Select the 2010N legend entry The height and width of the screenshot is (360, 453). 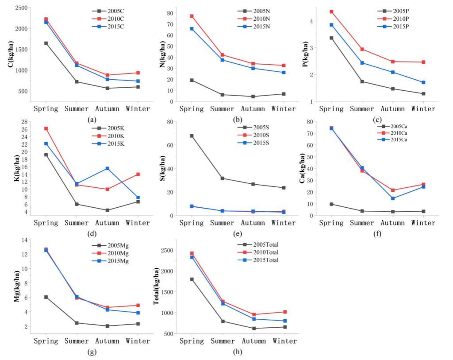tap(256, 18)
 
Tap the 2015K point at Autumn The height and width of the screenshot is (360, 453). tap(107, 168)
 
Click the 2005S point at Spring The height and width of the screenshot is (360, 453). tap(192, 136)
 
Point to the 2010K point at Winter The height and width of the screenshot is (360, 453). tap(138, 174)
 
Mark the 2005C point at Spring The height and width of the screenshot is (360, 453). tap(46, 43)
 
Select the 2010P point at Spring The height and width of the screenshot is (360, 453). tap(331, 12)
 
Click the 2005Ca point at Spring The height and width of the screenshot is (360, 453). tap(331, 204)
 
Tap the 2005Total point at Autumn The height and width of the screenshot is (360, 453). tap(254, 329)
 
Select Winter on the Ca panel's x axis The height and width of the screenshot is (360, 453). tap(423, 223)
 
